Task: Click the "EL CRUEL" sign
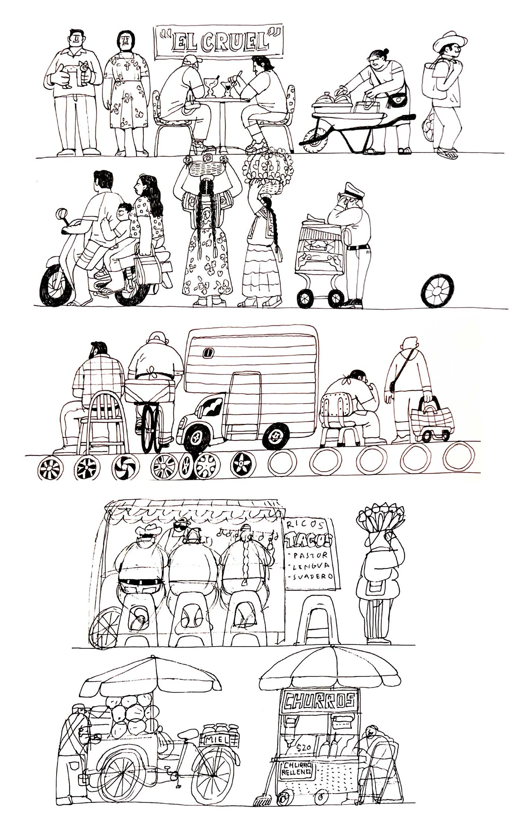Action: (218, 42)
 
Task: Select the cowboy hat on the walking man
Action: (450, 40)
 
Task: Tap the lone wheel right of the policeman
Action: (438, 291)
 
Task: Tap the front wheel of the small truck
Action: (197, 438)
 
